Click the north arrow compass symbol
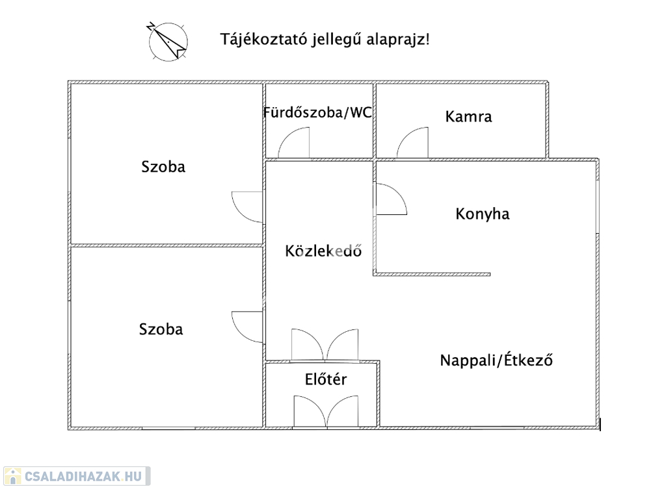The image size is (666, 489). [x=168, y=41]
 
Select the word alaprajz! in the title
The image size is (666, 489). [x=401, y=40]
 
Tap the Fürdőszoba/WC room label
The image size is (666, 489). [x=317, y=112]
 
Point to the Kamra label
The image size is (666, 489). [x=468, y=117]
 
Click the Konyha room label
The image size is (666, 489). [x=483, y=214]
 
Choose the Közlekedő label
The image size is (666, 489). [x=323, y=251]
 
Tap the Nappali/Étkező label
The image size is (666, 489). [x=496, y=360]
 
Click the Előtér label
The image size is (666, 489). [x=326, y=379]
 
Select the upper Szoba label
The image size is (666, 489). [x=163, y=166]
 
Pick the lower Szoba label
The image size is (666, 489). [x=161, y=329]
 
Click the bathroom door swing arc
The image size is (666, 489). [x=294, y=143]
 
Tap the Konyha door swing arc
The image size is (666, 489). [x=390, y=200]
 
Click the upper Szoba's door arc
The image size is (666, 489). [x=248, y=207]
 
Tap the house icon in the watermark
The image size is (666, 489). [x=12, y=477]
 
